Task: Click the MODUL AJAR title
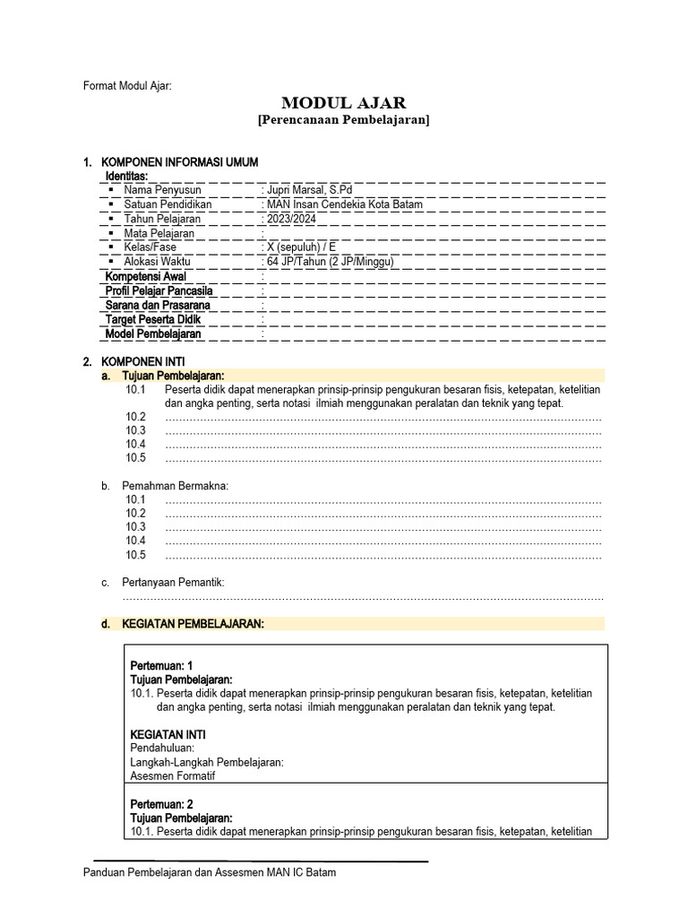[x=343, y=103]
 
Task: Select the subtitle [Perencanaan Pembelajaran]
[x=343, y=120]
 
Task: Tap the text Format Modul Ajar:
[x=126, y=86]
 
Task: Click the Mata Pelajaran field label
[x=159, y=233]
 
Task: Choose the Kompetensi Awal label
[x=145, y=276]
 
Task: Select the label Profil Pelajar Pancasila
[x=159, y=290]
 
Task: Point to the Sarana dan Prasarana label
[x=156, y=305]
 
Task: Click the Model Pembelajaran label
[x=153, y=333]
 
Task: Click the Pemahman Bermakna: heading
[x=175, y=486]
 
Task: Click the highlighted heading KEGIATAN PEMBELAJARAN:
[x=193, y=624]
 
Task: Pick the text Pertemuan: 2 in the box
[x=162, y=804]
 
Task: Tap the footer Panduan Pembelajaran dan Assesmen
[x=210, y=872]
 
